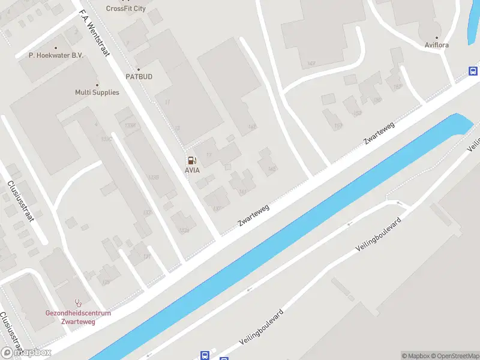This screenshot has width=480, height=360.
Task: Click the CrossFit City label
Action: click(x=125, y=8)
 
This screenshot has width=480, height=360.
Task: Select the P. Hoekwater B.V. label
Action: click(x=56, y=55)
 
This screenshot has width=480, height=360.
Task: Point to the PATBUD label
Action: click(x=138, y=77)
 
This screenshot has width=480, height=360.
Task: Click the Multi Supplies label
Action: click(x=97, y=92)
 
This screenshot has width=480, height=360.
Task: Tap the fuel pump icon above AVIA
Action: click(x=191, y=160)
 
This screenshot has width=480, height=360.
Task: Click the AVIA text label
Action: click(x=192, y=170)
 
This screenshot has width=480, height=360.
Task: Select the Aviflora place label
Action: click(x=436, y=45)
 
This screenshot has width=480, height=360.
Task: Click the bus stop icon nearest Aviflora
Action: click(x=473, y=71)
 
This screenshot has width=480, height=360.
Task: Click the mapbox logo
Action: click(x=26, y=353)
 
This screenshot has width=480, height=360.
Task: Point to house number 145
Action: click(x=272, y=169)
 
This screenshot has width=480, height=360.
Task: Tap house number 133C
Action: click(x=107, y=139)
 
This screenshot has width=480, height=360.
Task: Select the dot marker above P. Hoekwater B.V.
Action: click(x=56, y=47)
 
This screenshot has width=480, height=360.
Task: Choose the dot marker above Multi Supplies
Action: click(x=97, y=84)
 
